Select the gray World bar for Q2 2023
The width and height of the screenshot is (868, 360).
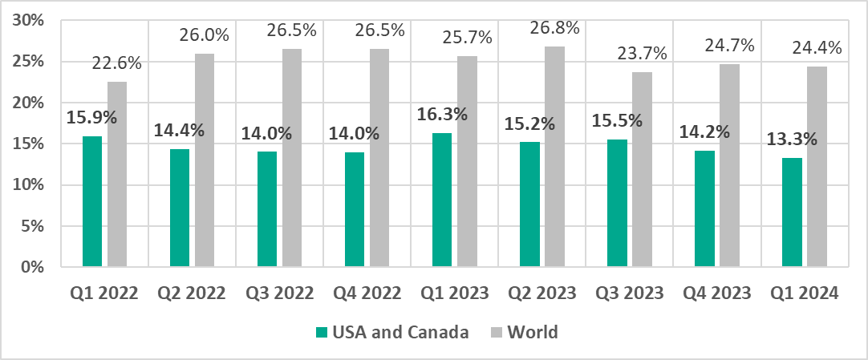(x=554, y=156)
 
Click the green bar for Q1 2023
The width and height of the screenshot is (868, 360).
(x=442, y=200)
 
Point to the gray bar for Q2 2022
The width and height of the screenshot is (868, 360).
(x=205, y=160)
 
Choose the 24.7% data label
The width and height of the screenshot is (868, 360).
(x=728, y=46)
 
